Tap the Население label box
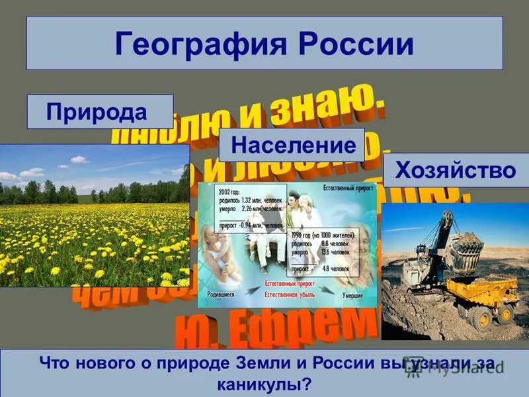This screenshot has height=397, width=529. pos(292,145)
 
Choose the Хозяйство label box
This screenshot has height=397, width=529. pos(455,171)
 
